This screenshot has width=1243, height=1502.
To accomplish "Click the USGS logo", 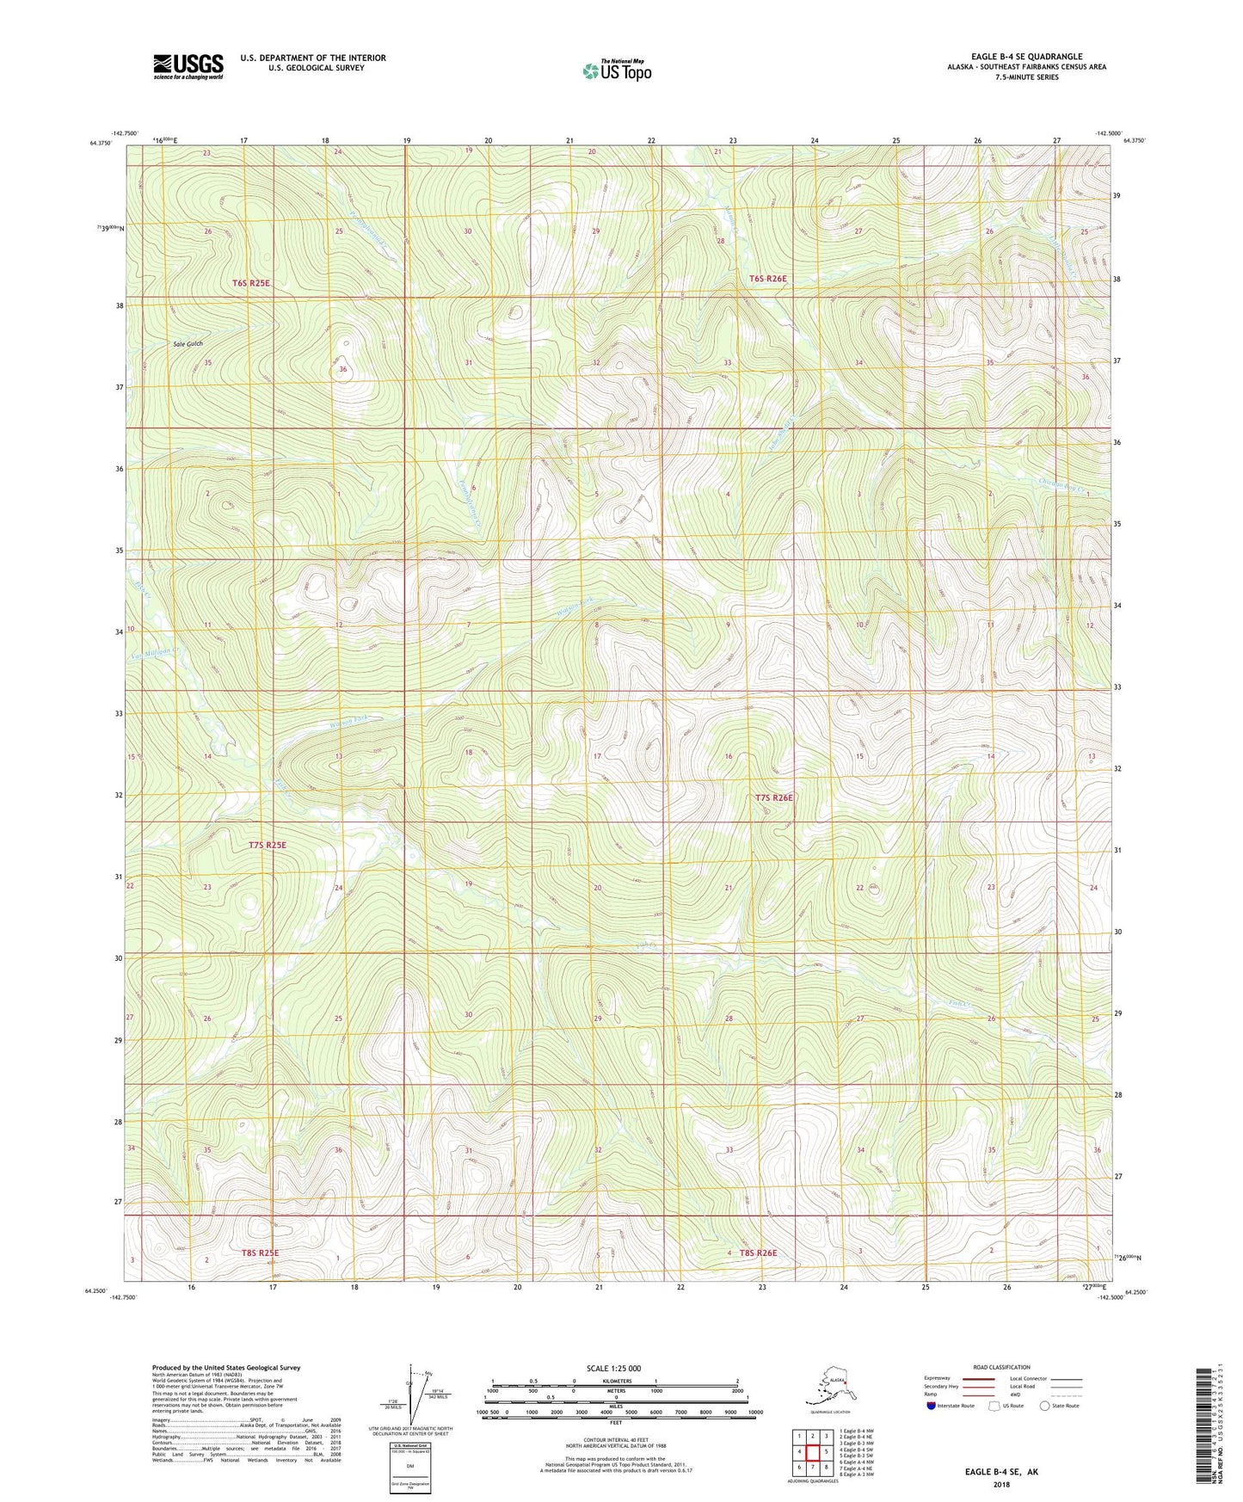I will click(x=188, y=66).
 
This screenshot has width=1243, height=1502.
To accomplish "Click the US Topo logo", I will click(x=616, y=71).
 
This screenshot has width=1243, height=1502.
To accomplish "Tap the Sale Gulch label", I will click(x=188, y=343).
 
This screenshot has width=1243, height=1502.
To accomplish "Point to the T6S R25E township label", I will click(x=250, y=283).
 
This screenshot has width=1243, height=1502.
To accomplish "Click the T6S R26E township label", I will click(x=767, y=279).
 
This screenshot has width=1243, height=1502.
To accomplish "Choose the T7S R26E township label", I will click(x=773, y=797).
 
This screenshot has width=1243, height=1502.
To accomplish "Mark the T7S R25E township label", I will click(x=267, y=845).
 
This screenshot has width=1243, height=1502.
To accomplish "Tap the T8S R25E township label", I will click(x=255, y=1253).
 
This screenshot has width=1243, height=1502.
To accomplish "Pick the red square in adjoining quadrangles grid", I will click(x=812, y=1452).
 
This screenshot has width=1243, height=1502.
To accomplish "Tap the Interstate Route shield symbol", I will click(x=932, y=1406).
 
